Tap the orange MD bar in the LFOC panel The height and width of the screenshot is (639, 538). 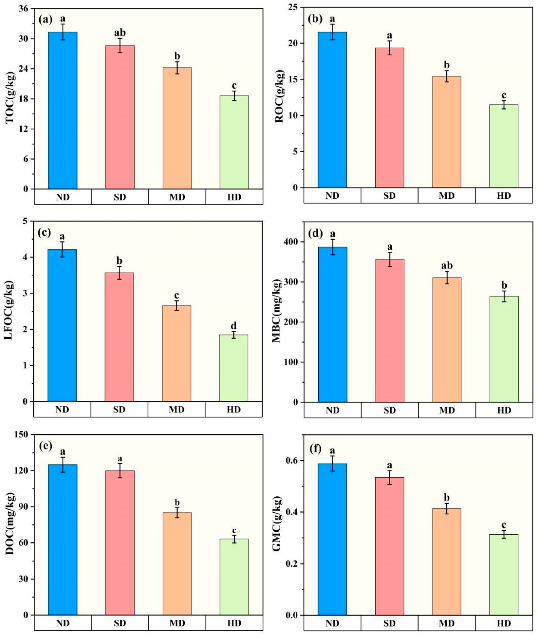coord(176,353)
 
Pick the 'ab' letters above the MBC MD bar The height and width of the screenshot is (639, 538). coord(447,265)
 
